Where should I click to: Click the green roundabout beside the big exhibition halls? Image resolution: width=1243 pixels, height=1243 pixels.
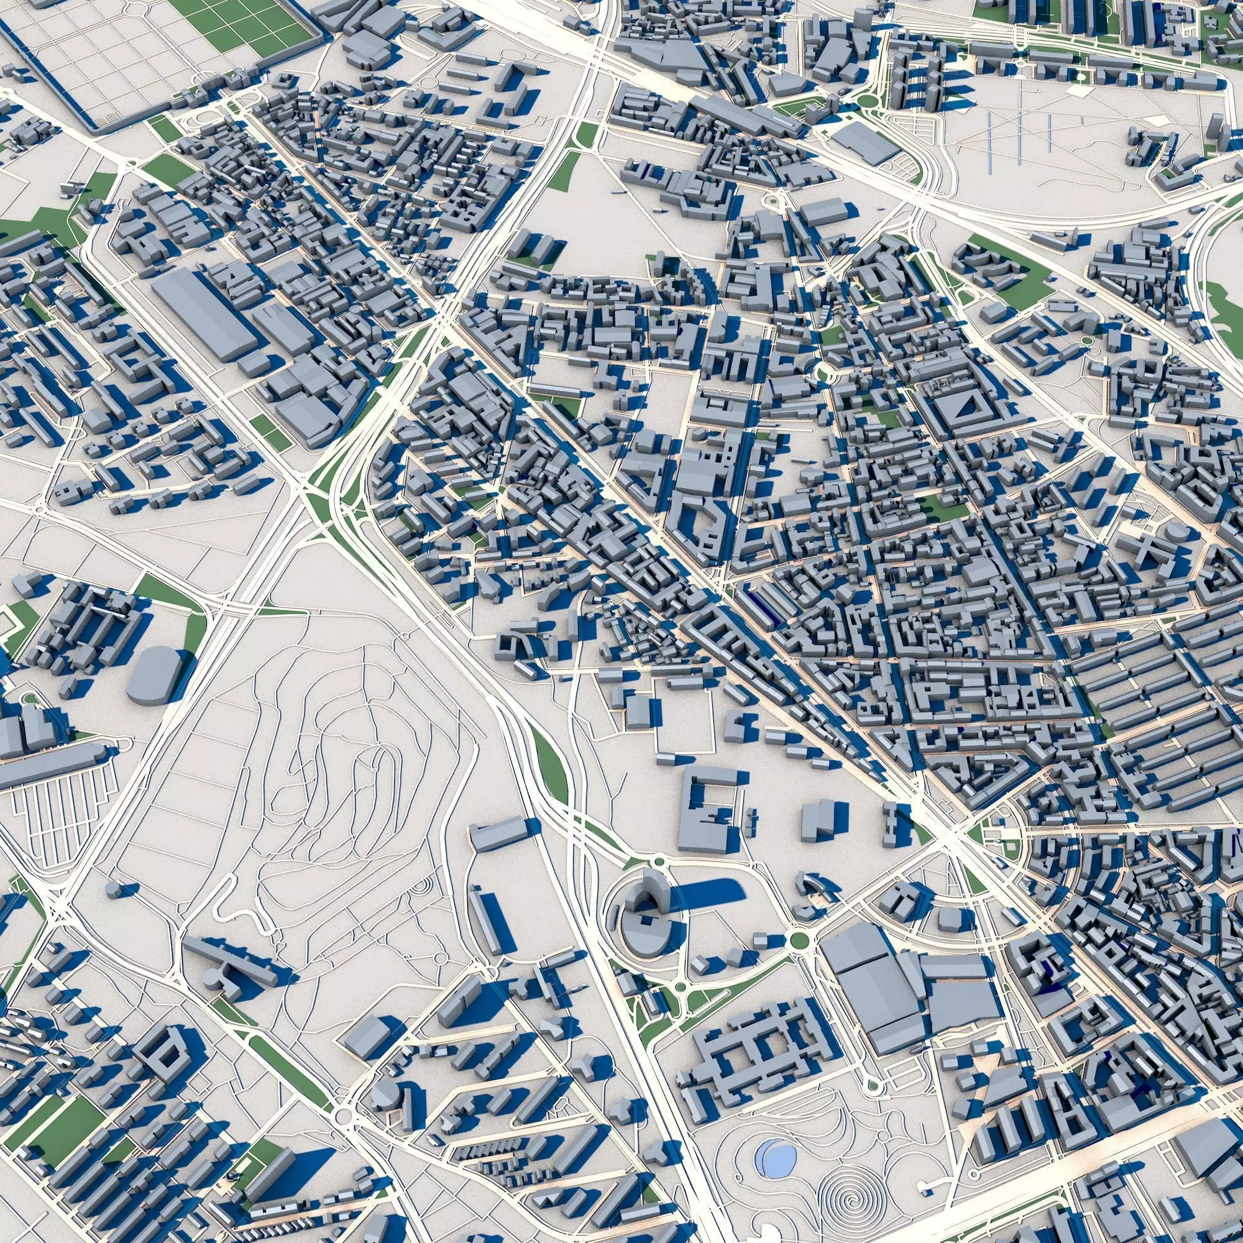pyautogui.click(x=799, y=940)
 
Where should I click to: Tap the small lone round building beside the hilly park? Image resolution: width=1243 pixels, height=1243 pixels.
pyautogui.click(x=112, y=890)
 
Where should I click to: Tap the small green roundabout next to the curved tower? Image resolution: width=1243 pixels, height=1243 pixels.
pyautogui.click(x=658, y=861)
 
